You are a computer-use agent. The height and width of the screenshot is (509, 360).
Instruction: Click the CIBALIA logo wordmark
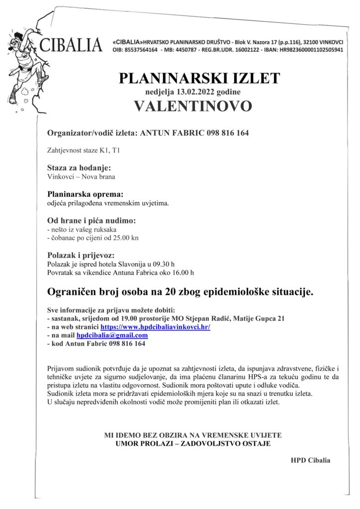coord(71,45)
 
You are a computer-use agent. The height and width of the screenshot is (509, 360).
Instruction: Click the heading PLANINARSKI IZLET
coord(199,79)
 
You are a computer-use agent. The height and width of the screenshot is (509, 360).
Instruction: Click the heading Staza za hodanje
coord(79,168)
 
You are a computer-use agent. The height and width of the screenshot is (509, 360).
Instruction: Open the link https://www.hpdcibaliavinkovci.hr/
coord(156,327)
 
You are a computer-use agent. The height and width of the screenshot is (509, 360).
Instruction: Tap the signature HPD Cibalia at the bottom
coord(311,460)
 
